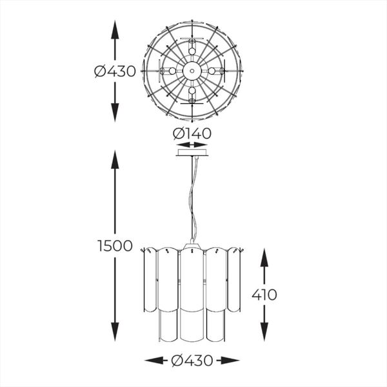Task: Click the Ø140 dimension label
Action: point(192,134)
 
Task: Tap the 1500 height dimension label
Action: point(115,246)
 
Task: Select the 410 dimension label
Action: point(264,295)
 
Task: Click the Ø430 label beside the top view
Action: point(115,71)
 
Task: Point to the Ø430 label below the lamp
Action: point(192,361)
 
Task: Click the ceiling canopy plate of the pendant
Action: point(192,152)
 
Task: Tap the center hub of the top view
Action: point(192,71)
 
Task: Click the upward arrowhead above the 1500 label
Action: point(115,159)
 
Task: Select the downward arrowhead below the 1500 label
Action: point(115,332)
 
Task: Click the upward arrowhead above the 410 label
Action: point(264,257)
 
